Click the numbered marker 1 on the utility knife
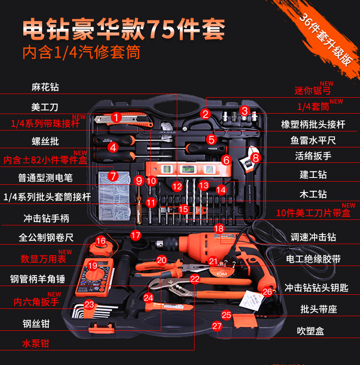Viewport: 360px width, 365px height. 116,118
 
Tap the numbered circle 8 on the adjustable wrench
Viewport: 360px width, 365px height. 255,158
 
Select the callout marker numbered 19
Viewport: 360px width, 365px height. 93,266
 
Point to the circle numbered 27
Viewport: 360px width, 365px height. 217,326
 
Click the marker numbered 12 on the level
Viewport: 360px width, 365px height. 177,186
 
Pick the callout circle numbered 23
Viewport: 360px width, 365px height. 89,304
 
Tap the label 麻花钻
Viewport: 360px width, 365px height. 45,87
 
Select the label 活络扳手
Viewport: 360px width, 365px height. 313,156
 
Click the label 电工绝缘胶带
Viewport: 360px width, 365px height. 313,259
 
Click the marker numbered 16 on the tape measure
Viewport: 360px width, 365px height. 101,240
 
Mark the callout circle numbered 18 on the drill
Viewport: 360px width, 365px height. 219,228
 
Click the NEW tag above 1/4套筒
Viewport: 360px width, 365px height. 336,101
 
